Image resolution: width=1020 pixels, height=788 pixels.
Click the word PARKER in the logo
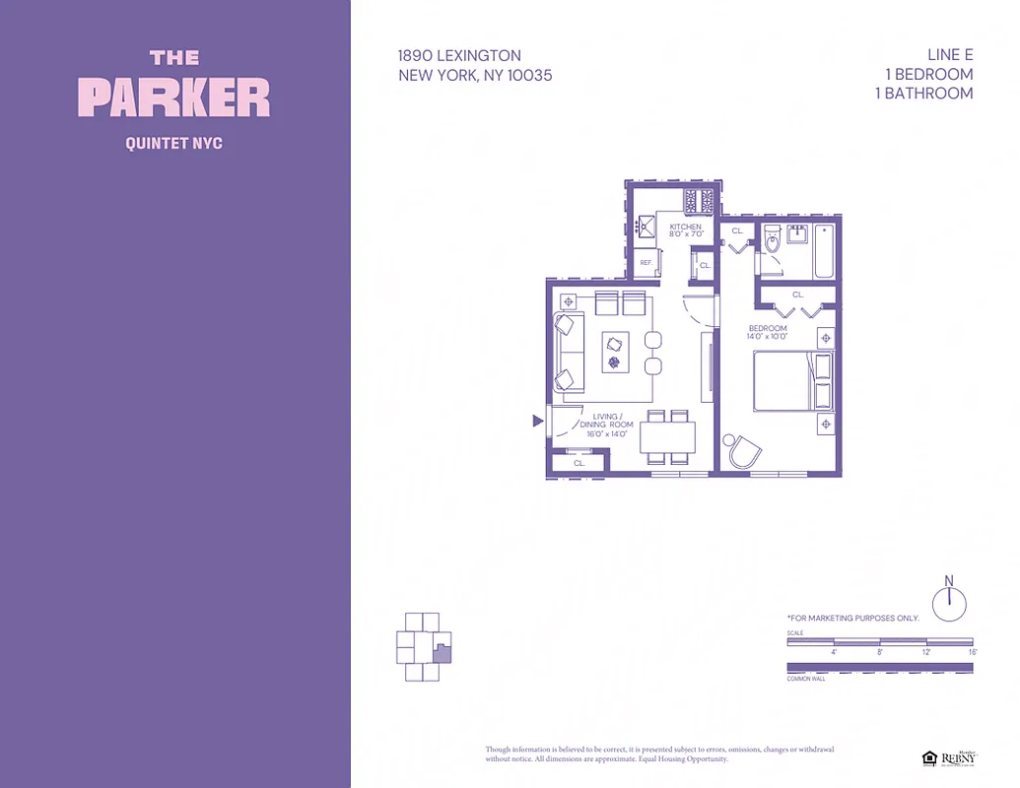point(173,98)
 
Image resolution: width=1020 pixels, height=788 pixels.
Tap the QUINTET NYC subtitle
point(173,144)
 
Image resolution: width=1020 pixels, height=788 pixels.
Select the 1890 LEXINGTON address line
point(459,56)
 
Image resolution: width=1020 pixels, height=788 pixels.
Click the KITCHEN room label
point(686,228)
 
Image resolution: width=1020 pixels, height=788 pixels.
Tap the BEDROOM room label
point(768,328)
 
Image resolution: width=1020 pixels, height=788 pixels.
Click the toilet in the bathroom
point(772,240)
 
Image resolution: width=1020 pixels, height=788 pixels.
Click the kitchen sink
point(646,228)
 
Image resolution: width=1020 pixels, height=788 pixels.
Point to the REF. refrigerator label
point(646,263)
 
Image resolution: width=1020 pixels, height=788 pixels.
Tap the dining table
point(668,436)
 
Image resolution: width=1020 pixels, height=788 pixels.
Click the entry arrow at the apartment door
point(537,422)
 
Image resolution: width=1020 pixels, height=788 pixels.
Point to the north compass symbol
point(949,602)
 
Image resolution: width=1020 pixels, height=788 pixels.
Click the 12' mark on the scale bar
point(926,652)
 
